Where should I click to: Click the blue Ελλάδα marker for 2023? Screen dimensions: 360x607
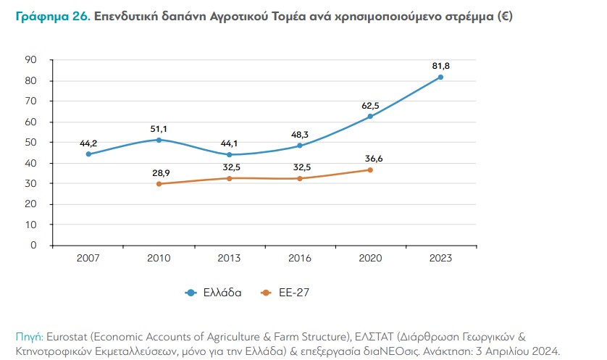click(x=440, y=77)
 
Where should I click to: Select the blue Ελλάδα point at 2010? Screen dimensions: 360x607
click(x=159, y=140)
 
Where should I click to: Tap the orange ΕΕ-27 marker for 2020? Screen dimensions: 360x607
click(x=370, y=170)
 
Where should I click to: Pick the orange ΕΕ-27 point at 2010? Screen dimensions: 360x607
click(x=159, y=184)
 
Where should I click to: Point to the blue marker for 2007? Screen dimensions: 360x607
click(x=88, y=154)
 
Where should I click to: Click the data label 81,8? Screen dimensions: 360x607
click(x=440, y=66)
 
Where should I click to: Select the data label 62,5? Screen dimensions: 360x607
click(x=370, y=105)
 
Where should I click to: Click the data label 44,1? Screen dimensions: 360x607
click(x=229, y=143)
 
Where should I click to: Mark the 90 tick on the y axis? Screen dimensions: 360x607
click(x=31, y=60)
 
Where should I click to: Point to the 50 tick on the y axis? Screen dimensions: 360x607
click(x=31, y=143)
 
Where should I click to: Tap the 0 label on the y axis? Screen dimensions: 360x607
click(x=33, y=246)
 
